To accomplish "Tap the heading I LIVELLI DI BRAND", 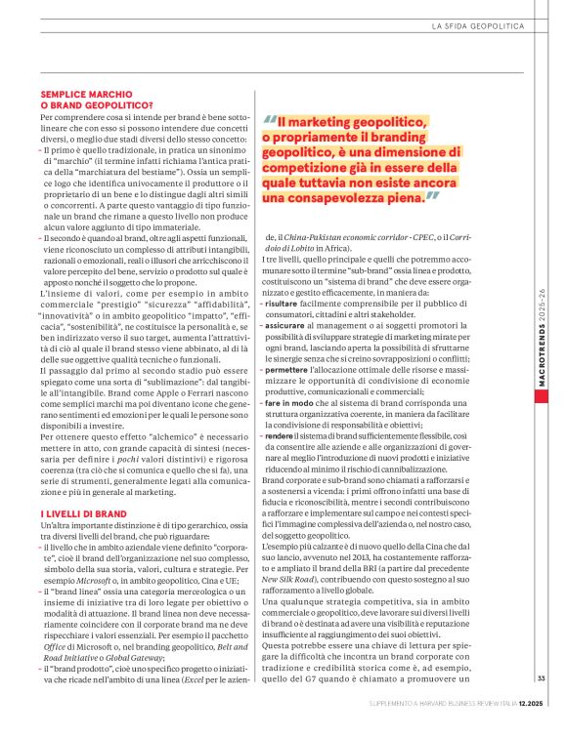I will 82,512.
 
